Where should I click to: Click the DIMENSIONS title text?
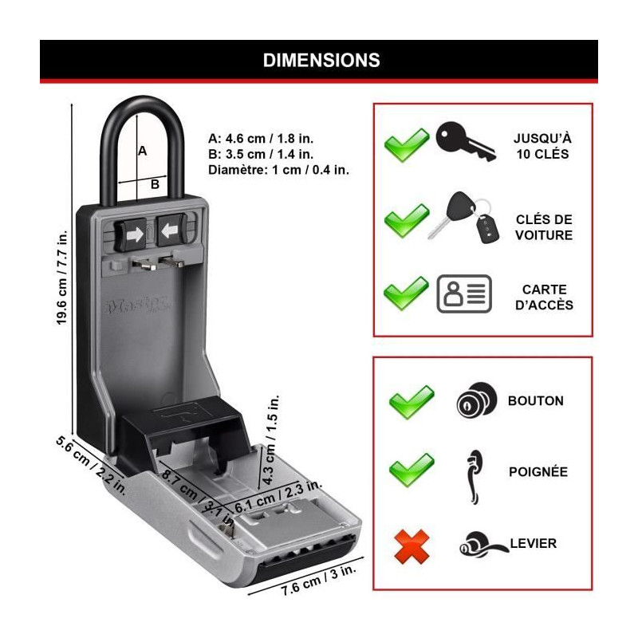321,61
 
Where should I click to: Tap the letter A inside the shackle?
142,151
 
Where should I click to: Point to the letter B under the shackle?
155,184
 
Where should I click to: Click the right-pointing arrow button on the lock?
132,234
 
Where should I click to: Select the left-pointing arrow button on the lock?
171,230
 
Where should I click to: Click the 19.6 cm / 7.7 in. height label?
62,278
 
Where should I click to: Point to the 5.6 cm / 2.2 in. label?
91,465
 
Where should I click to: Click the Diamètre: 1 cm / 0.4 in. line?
278,170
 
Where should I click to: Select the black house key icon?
465,141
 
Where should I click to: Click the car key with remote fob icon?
464,218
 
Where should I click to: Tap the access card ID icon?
464,293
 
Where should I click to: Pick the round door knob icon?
476,400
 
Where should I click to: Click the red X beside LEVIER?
412,546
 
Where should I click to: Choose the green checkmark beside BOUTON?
412,402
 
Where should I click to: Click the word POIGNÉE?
538,471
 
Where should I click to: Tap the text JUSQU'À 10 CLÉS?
542,146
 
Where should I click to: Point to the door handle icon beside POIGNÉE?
474,477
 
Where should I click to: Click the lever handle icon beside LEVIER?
483,543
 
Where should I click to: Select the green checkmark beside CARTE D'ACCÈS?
407,293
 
